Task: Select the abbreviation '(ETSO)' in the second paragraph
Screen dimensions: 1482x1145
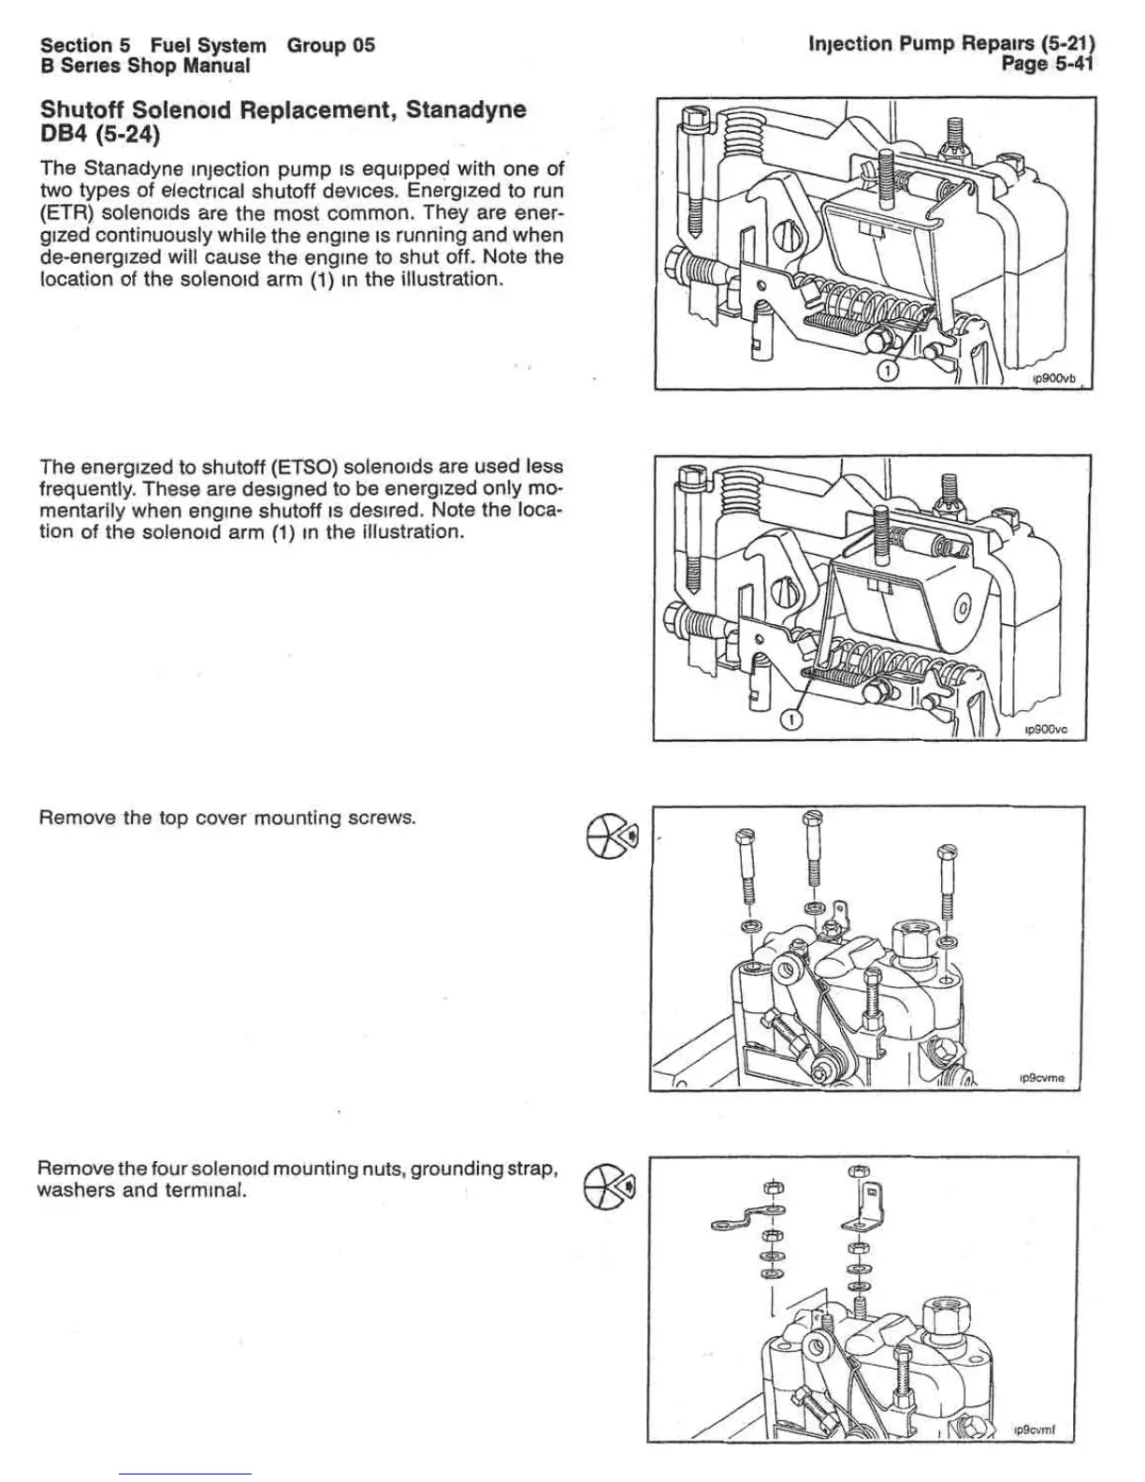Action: click(301, 467)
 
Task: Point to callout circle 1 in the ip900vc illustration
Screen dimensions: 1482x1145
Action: click(790, 719)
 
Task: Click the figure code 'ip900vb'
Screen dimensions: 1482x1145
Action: click(1054, 379)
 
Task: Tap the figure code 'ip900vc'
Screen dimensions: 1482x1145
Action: click(1049, 731)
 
